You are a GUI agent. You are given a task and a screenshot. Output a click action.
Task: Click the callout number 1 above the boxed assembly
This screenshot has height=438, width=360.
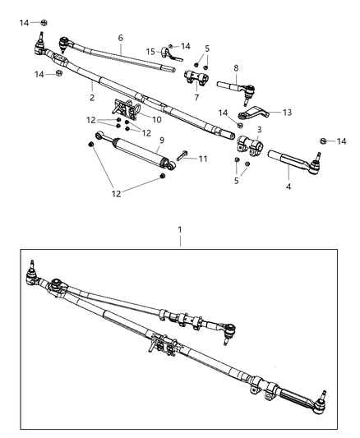181,233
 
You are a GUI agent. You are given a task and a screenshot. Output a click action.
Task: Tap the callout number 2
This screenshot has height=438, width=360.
92,97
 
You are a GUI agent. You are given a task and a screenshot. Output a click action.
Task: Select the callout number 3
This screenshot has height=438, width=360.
259,129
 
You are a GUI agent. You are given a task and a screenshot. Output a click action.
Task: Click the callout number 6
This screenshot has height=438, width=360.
120,38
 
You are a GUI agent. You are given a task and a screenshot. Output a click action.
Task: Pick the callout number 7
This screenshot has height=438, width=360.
196,97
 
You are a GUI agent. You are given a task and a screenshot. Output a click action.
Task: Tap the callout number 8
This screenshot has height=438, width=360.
236,68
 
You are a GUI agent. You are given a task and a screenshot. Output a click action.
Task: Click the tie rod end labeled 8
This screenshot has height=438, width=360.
235,85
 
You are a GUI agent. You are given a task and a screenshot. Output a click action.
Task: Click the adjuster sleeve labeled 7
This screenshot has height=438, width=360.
196,80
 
